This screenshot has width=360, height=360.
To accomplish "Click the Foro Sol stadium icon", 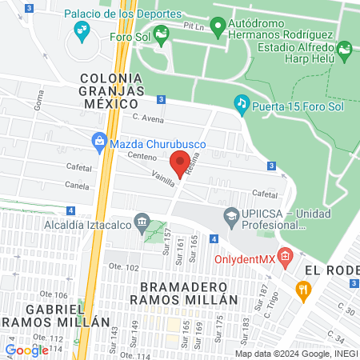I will tap(162, 33).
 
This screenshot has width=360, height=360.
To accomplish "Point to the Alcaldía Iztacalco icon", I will tap(142, 221).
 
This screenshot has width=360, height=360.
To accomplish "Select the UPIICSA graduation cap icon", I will tap(230, 214).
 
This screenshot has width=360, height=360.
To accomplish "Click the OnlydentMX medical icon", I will tap(287, 257).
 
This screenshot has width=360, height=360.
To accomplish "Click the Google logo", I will tap(26, 349).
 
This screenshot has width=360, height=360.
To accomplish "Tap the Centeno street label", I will tap(141, 157).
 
